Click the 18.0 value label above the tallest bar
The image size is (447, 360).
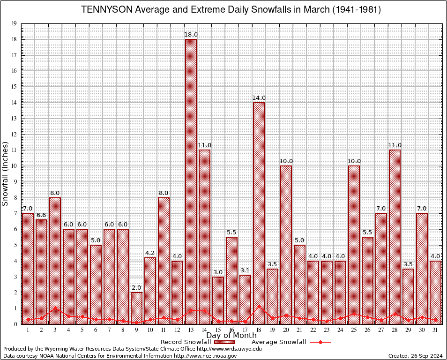click(x=191, y=34)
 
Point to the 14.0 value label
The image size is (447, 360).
click(x=259, y=98)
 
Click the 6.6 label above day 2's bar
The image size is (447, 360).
click(x=41, y=215)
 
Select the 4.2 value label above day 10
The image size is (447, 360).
click(x=150, y=253)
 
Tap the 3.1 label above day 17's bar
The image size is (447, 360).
click(x=245, y=270)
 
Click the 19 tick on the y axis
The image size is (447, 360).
click(x=15, y=23)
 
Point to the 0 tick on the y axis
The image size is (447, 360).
click(x=16, y=324)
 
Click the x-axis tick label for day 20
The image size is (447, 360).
click(x=286, y=330)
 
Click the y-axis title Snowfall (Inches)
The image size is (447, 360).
click(x=6, y=173)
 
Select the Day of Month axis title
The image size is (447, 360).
click(x=231, y=335)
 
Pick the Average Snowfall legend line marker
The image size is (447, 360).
click(x=320, y=342)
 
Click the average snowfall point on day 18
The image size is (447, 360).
click(x=259, y=307)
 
